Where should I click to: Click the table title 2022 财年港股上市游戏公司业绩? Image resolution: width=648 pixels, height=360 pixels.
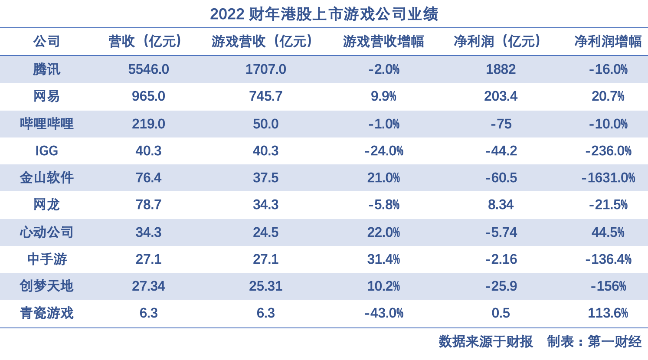pos(324,14)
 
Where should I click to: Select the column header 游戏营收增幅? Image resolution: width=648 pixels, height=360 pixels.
pos(383,42)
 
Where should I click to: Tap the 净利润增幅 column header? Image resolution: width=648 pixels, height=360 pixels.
pos(608,42)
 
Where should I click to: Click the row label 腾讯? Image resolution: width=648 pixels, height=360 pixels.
pos(46,69)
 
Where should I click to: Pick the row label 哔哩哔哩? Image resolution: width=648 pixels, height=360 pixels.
pos(46,124)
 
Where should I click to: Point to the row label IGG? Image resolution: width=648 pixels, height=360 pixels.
pos(46,151)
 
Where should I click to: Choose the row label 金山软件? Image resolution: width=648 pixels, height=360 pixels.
pos(46,178)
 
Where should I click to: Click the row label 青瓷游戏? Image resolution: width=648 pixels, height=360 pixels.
pos(46,313)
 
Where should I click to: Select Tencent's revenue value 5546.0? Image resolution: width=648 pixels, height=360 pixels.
pos(148,69)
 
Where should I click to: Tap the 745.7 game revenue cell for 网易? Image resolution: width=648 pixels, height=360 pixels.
pos(265,96)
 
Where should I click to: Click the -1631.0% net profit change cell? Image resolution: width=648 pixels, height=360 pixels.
pos(608,178)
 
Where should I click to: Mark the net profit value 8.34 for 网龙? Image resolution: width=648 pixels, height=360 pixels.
pos(501,205)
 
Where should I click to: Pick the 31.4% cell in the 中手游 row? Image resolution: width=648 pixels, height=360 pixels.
pos(383,259)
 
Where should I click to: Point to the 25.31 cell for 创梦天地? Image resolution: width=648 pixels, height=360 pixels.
pos(265,286)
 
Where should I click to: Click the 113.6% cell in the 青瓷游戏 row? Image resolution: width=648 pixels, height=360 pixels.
pos(608,313)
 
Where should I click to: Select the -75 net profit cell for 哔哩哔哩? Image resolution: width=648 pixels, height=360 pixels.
pos(501,124)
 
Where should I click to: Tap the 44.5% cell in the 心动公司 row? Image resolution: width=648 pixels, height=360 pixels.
pos(608,232)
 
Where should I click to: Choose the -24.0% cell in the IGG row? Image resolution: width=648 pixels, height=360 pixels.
pos(384,151)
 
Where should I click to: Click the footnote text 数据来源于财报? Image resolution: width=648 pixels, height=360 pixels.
pos(485,342)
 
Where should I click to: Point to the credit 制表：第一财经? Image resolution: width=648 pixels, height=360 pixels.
pos(594,342)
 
